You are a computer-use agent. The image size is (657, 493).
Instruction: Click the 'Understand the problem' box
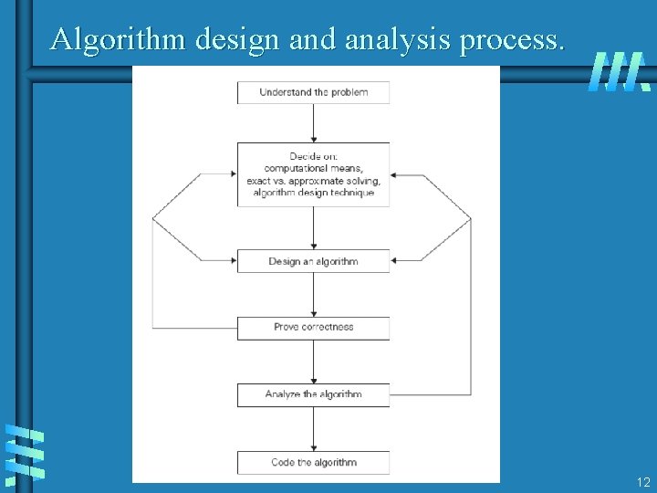coord(313,92)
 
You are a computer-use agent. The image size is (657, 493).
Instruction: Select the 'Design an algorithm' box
coord(313,261)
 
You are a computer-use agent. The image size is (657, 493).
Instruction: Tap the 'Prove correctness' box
coord(313,327)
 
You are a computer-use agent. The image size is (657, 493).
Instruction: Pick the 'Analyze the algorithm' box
coord(313,394)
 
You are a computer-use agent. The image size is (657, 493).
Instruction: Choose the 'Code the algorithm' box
coord(313,462)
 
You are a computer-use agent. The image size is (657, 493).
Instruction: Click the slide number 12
coord(643,482)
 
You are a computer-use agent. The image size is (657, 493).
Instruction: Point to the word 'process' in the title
coord(515,39)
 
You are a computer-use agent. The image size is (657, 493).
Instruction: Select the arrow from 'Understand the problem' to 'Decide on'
coord(314,122)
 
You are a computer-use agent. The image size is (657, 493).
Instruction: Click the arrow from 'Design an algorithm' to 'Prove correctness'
coord(314,294)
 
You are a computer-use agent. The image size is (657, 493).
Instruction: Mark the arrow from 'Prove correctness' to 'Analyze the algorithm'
coord(314,362)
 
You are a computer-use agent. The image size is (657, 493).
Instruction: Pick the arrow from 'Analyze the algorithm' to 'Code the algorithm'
coord(314,428)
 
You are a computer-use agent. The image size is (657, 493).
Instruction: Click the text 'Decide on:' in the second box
coord(313,156)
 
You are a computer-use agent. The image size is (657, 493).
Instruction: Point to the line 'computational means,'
coord(313,168)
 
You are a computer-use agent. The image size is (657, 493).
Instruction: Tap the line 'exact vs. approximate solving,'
coord(313,180)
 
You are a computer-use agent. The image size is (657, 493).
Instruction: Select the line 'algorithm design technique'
coord(313,193)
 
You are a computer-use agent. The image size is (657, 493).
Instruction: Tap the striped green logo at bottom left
coord(25,453)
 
